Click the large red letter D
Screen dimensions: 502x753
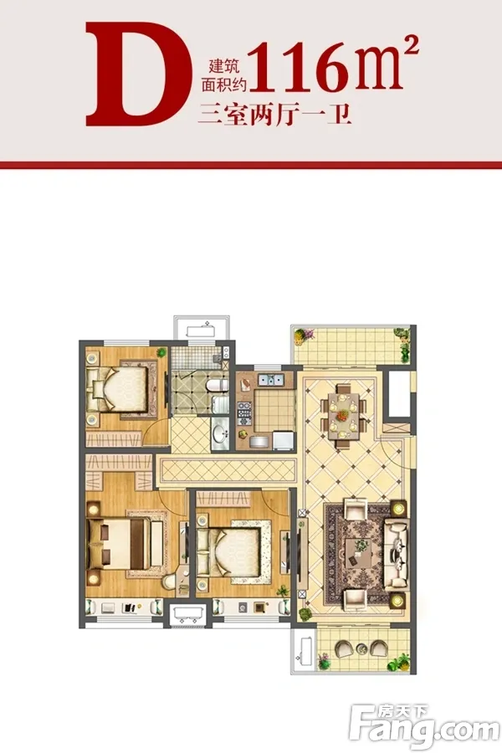click(x=138, y=74)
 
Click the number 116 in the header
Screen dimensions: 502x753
click(x=300, y=67)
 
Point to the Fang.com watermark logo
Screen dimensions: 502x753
click(x=425, y=724)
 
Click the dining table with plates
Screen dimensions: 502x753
click(x=342, y=414)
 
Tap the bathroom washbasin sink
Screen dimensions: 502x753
click(x=221, y=433)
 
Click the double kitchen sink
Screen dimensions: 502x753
click(x=271, y=381)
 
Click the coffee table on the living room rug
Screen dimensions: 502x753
click(x=359, y=553)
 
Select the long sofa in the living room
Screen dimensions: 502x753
click(x=396, y=554)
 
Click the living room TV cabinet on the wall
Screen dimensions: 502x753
click(x=302, y=552)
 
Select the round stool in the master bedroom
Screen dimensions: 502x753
click(x=169, y=582)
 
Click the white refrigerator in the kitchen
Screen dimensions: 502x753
click(x=284, y=441)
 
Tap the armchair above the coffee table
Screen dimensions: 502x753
click(x=355, y=510)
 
